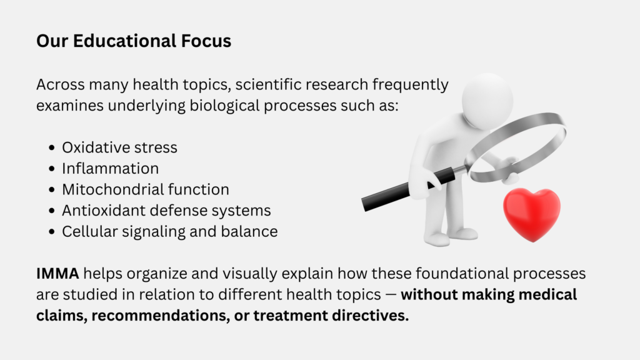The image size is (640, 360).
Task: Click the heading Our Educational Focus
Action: pos(134,41)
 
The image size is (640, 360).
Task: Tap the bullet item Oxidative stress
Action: pos(119,147)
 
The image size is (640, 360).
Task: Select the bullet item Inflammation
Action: pos(110,169)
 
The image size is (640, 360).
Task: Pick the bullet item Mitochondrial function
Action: pos(145,189)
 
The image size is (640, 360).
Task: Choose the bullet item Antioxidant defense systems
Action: pos(166,211)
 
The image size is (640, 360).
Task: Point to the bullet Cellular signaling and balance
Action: pos(170,231)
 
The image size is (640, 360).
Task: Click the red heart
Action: pos(531,214)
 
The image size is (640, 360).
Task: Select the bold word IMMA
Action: pos(57,274)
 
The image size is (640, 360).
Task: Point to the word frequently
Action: pos(410,85)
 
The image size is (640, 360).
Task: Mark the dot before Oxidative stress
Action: pos(51,147)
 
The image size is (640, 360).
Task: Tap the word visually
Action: pos(250,274)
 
